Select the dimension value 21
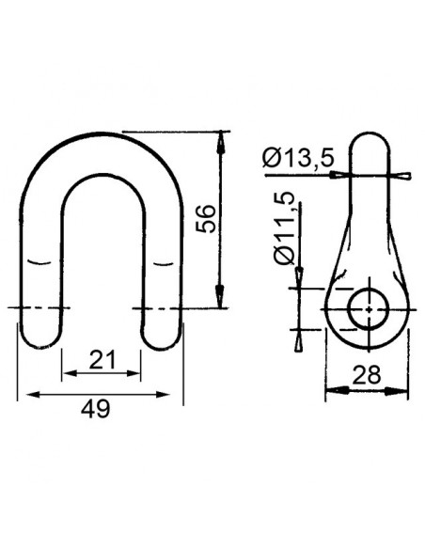click(102, 358)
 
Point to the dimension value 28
click(366, 374)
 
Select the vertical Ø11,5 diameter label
click(285, 227)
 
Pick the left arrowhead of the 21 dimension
click(67, 374)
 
